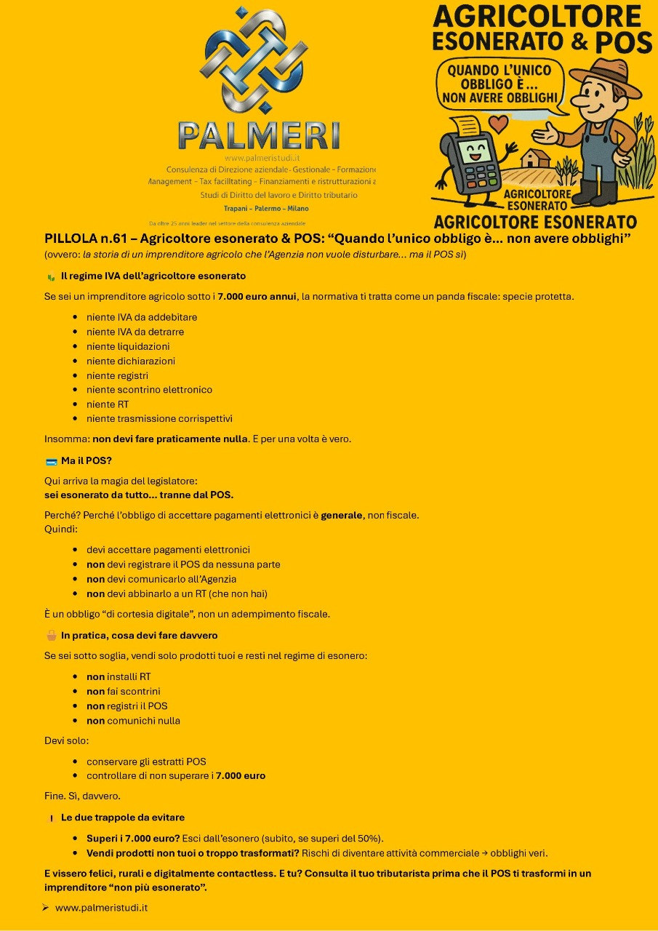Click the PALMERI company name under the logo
[258, 136]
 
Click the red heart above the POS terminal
[498, 124]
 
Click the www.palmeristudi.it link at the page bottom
[102, 908]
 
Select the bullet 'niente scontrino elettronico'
[149, 390]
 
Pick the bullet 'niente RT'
[107, 404]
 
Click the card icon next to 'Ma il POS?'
[51, 461]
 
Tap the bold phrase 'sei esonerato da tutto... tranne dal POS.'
[139, 495]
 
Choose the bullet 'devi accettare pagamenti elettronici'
[168, 550]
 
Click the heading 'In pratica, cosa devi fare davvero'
[139, 636]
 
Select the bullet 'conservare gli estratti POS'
[146, 762]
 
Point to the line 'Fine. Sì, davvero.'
[82, 796]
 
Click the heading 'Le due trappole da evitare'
[122, 818]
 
